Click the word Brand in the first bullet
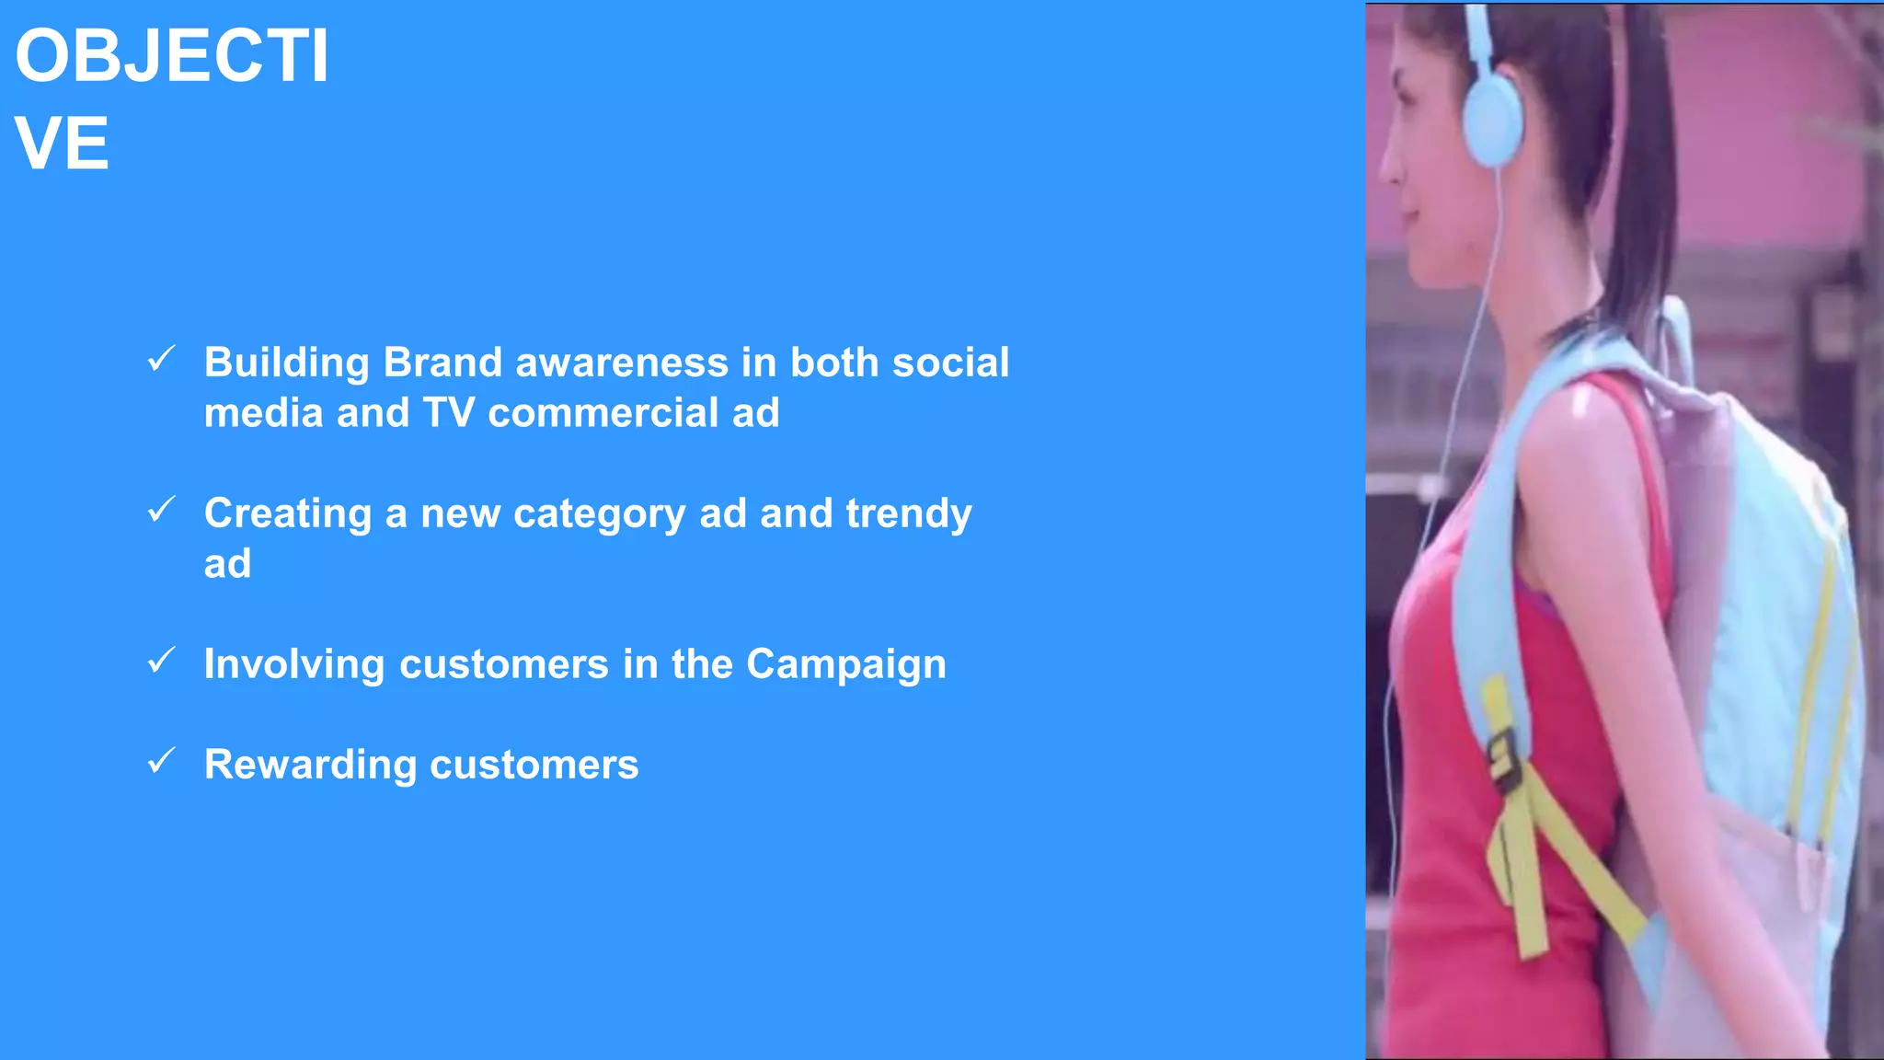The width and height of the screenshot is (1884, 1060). coord(442,363)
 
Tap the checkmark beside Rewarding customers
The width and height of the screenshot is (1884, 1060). coord(161,761)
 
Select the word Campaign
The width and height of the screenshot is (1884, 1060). coord(845,664)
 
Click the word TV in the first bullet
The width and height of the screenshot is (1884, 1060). coord(448,413)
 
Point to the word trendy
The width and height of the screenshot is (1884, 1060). coord(908,514)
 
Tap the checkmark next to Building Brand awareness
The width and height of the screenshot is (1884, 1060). coord(161,359)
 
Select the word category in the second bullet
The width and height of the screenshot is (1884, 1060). coord(599,514)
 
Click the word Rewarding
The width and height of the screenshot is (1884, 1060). coord(310,766)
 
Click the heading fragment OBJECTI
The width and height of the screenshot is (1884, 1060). coord(172,57)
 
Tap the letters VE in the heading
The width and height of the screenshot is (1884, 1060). coord(62,144)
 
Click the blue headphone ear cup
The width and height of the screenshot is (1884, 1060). coord(1490,120)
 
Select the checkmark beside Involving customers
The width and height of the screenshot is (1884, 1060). coord(161,660)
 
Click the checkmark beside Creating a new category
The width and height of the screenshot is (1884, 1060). coord(161,509)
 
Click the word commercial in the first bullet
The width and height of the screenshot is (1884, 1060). coord(603,413)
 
